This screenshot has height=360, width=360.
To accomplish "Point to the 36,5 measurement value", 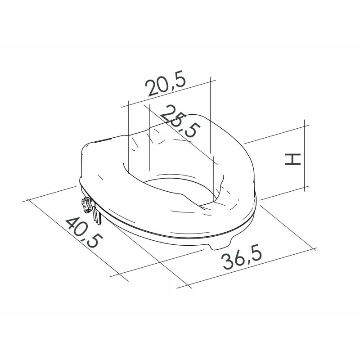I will [242, 259].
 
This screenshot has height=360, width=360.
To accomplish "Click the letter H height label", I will [292, 159].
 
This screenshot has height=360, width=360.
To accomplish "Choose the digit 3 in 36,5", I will [226, 263].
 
